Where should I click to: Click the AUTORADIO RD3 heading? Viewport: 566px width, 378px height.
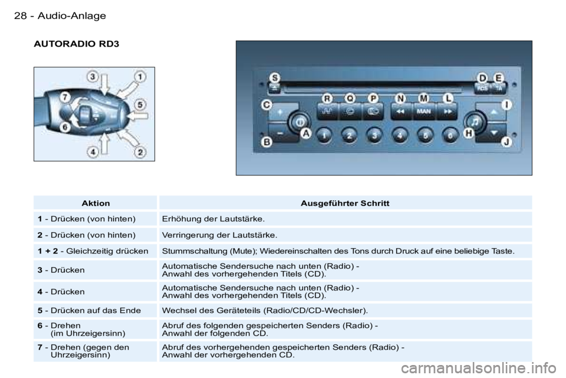76,44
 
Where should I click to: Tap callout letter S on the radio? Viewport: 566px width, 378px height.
275,78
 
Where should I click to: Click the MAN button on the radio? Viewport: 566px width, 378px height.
424,112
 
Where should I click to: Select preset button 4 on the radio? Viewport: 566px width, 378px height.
400,136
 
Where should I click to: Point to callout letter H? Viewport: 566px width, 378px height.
469,133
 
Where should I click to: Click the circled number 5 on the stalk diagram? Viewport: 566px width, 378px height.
140,105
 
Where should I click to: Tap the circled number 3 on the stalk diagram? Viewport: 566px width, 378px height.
93,77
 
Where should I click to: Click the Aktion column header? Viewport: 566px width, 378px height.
96,203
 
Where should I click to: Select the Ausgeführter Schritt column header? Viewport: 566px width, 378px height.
345,203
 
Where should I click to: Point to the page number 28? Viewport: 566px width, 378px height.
20,16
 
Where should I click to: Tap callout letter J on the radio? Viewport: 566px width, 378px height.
506,142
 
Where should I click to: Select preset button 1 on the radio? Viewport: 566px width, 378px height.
324,136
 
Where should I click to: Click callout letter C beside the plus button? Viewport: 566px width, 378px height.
266,105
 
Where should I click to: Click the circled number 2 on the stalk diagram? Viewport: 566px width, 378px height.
140,152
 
